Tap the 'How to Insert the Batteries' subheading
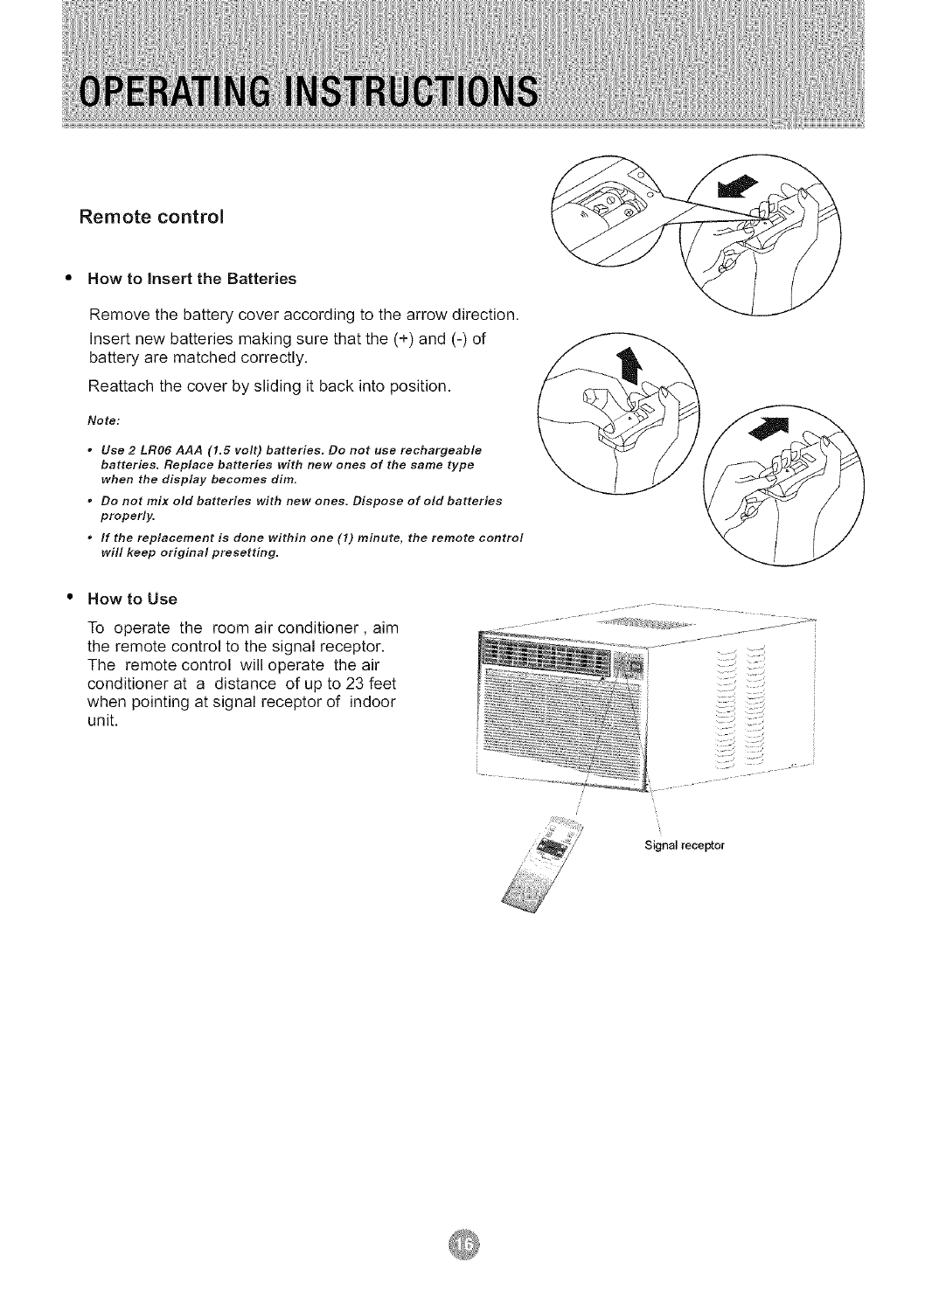coord(191,279)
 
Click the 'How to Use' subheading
coord(132,599)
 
